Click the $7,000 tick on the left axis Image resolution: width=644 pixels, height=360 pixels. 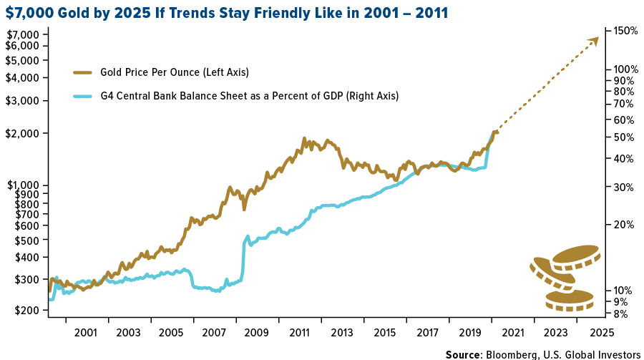pyautogui.click(x=24, y=35)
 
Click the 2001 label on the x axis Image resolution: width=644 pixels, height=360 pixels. pyautogui.click(x=86, y=333)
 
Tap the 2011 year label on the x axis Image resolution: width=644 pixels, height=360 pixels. pyautogui.click(x=299, y=333)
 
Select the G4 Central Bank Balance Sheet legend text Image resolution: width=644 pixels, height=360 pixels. pyautogui.click(x=250, y=96)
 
